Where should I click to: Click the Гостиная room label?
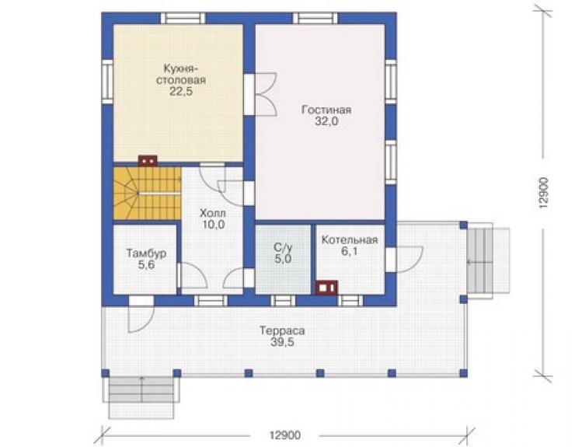coord(326,110)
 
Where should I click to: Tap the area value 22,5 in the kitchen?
coord(181,92)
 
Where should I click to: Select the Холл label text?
coord(213,213)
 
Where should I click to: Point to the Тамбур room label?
coord(146,253)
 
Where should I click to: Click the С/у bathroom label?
coord(283,247)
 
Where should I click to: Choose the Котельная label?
coord(350,240)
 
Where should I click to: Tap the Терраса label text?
coord(282,330)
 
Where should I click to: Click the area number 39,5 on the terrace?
coord(282,342)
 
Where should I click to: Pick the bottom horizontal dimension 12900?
coord(285,435)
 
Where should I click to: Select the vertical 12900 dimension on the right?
coord(544,194)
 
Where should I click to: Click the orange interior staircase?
coord(148,194)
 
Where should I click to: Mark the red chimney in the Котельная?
coord(326,288)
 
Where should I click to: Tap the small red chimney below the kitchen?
coord(148,161)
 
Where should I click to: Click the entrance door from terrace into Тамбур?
coord(141,315)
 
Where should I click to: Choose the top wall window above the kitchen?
coord(183,19)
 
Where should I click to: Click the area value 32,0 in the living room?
coord(326,121)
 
